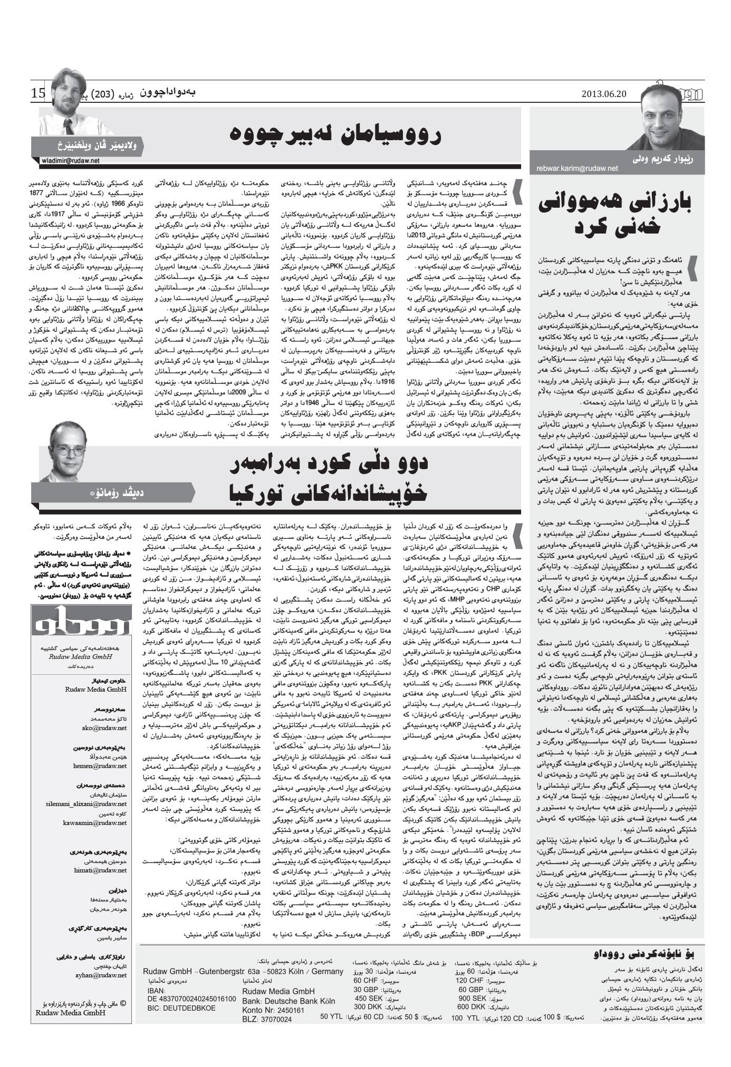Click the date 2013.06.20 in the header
tap(603, 94)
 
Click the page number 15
tap(38, 94)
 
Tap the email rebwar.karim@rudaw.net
tap(577, 168)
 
